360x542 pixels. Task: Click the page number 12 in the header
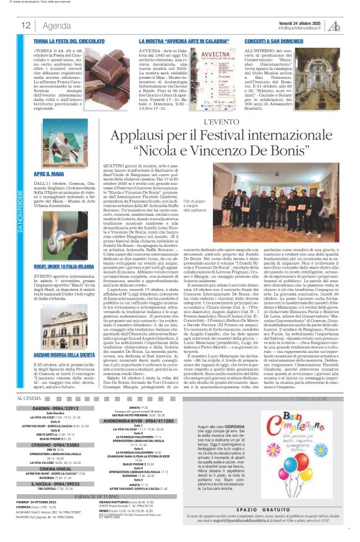click(26, 25)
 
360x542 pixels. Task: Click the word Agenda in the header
click(57, 25)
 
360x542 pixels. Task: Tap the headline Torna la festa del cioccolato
click(70, 40)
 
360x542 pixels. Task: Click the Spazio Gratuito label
click(290, 509)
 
